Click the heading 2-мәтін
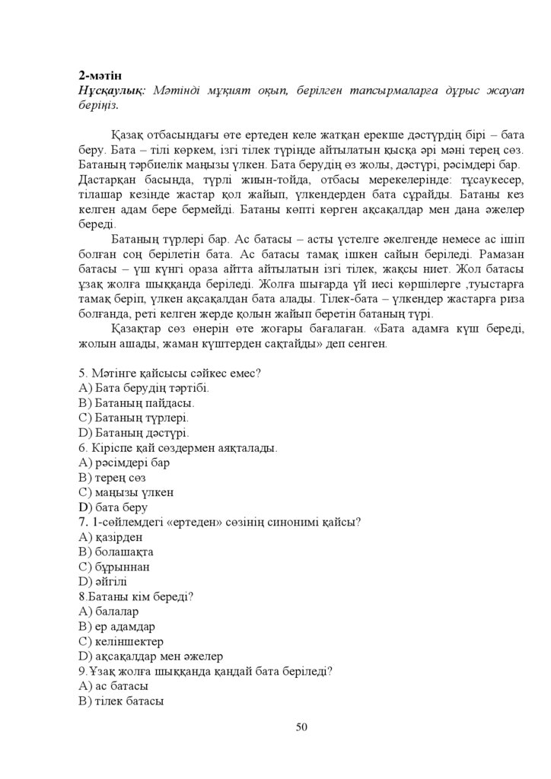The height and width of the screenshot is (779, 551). pyautogui.click(x=100, y=75)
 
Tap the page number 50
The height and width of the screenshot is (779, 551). pyautogui.click(x=301, y=727)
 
